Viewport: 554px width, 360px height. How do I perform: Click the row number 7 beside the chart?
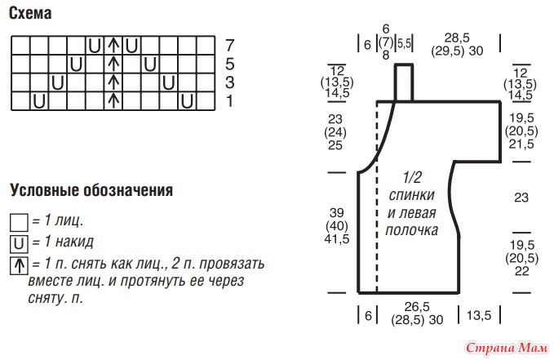(x=229, y=45)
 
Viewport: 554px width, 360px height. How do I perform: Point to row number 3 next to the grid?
(x=229, y=82)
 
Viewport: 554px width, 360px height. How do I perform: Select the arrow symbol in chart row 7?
(x=113, y=46)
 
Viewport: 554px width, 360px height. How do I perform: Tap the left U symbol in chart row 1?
(x=39, y=101)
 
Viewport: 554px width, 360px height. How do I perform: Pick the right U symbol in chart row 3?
(x=169, y=83)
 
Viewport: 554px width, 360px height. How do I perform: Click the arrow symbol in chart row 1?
(x=113, y=100)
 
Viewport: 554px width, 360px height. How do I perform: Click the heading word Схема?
(x=30, y=13)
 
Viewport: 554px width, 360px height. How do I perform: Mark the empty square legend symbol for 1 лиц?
(x=19, y=222)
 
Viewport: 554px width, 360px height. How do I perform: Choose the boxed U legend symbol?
(x=19, y=244)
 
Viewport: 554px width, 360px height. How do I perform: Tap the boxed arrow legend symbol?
(x=19, y=266)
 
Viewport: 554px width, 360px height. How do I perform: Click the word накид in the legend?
(x=74, y=242)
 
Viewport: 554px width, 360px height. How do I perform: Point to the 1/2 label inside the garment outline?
(x=412, y=177)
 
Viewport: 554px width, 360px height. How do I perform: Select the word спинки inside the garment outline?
(x=411, y=195)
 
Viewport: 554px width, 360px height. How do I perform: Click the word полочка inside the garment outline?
(x=411, y=230)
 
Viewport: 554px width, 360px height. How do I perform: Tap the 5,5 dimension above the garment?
(x=405, y=43)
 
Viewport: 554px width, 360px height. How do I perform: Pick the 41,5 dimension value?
(x=337, y=239)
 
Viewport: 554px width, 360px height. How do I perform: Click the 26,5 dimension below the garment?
(x=417, y=307)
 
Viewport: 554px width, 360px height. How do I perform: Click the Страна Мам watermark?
(x=507, y=349)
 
